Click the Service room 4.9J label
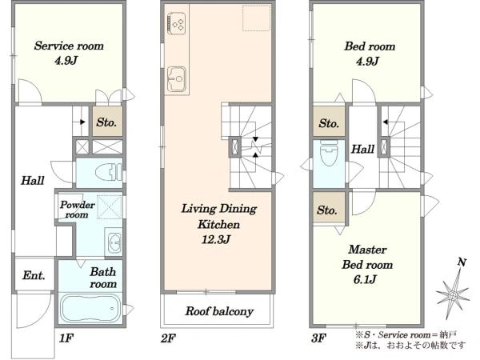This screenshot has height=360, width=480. (69, 54)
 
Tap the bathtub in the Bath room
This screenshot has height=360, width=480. (90, 309)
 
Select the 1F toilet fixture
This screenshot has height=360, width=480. (108, 172)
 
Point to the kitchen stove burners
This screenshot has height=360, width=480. (177, 23)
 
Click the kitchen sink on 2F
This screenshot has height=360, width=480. (177, 78)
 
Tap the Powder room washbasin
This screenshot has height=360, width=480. (114, 242)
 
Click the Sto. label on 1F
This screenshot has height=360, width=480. (106, 122)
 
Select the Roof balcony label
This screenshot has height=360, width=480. (219, 311)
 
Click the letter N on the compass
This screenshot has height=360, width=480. (462, 262)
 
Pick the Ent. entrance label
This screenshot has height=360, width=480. (34, 275)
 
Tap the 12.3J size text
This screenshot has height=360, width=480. (216, 239)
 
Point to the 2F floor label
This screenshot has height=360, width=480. (168, 338)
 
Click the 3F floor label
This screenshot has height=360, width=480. (318, 338)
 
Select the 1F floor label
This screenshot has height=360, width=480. (66, 338)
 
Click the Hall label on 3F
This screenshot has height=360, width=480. (362, 149)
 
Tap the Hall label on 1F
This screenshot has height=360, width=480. (33, 180)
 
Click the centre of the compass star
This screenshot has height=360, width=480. (453, 295)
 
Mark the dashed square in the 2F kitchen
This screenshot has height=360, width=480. (257, 18)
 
